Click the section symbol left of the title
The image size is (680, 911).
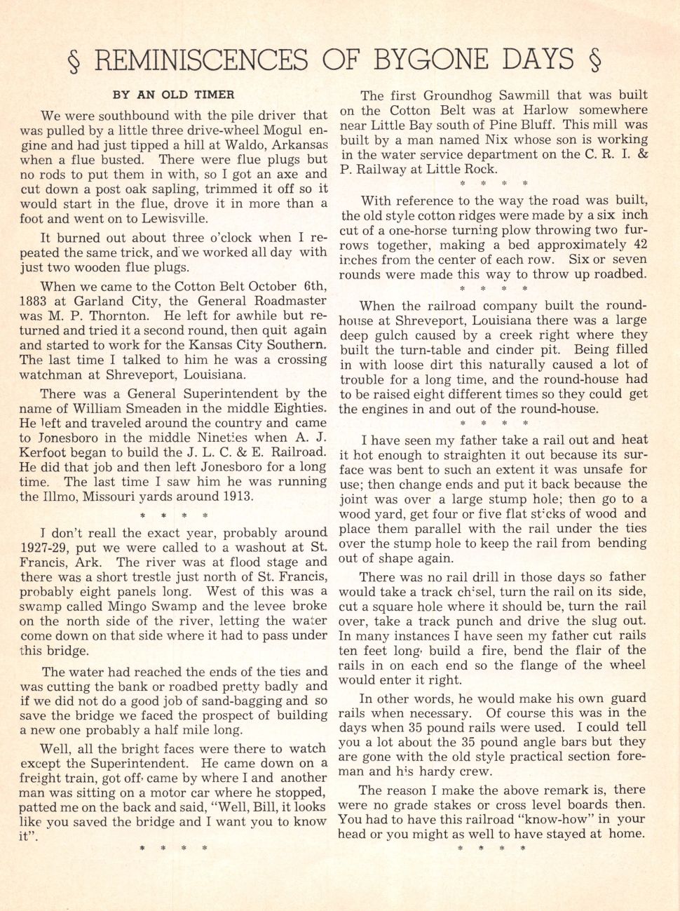pyautogui.click(x=74, y=61)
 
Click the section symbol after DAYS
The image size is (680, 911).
pyautogui.click(x=596, y=61)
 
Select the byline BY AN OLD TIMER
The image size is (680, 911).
pyautogui.click(x=173, y=95)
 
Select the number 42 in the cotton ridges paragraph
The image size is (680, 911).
pyautogui.click(x=639, y=245)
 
